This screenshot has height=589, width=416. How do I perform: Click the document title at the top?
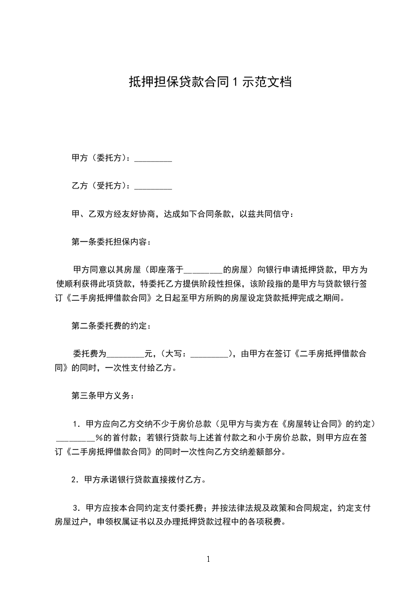[x=210, y=82]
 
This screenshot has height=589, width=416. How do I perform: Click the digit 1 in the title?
[x=236, y=82]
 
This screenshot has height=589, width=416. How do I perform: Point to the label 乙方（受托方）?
[x=101, y=186]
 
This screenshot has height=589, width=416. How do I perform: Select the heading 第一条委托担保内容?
[x=111, y=242]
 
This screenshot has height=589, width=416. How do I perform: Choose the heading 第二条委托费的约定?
[x=111, y=326]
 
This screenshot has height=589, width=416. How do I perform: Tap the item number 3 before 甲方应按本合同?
[x=76, y=508]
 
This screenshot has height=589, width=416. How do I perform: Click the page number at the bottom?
[x=208, y=559]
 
